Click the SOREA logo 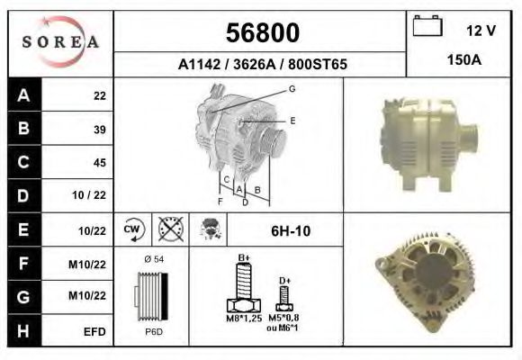pos(60,42)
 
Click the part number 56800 pos(263,32)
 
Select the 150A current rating pos(464,60)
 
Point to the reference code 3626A pos(255,64)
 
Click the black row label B pos(23,128)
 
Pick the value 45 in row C pos(100,163)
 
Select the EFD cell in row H pos(94,332)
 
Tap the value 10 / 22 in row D pos(89,195)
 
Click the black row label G pos(23,297)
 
